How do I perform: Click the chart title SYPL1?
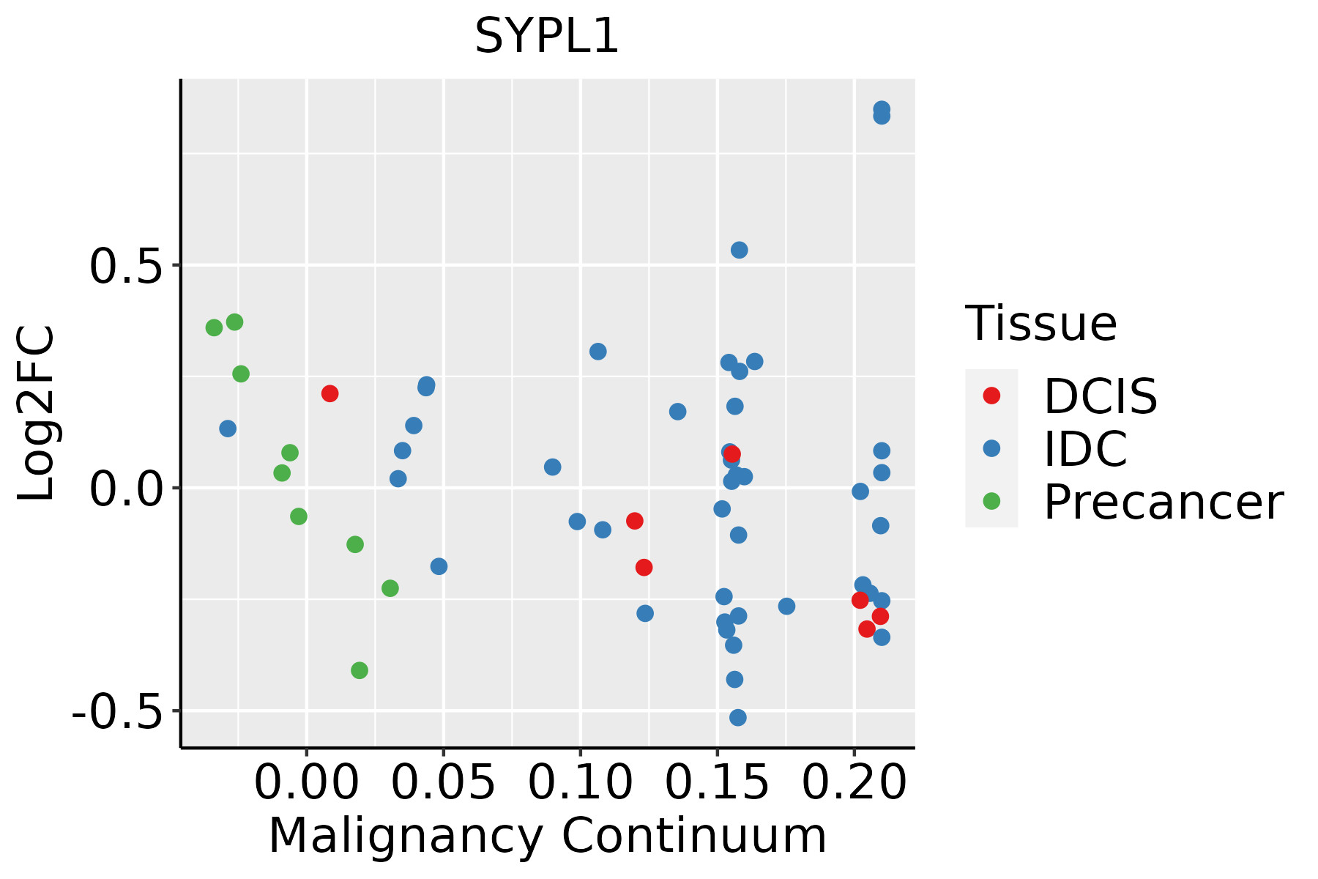click(547, 37)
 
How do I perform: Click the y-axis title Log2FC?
click(37, 413)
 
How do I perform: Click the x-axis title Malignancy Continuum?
click(547, 837)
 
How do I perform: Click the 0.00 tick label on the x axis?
click(306, 783)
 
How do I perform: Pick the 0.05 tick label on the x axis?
click(443, 783)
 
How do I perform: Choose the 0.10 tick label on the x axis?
click(580, 783)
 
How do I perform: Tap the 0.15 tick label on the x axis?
click(717, 783)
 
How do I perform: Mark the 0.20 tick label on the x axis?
click(854, 783)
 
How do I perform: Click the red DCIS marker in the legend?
click(991, 396)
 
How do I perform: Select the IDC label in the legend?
click(1085, 449)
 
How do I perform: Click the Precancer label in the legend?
click(1163, 502)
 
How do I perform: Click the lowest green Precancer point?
click(360, 670)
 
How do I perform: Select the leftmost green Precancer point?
click(214, 327)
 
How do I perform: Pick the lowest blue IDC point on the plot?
click(738, 717)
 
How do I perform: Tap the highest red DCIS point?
click(329, 393)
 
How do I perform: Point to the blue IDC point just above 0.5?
click(740, 251)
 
